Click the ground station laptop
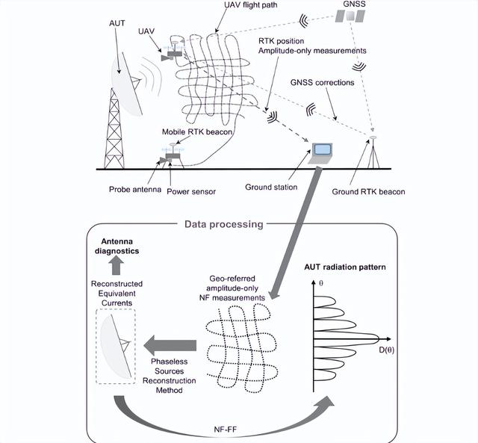click(x=322, y=152)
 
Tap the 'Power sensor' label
click(x=191, y=191)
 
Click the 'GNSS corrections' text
click(x=323, y=83)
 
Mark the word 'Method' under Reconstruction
click(x=169, y=390)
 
